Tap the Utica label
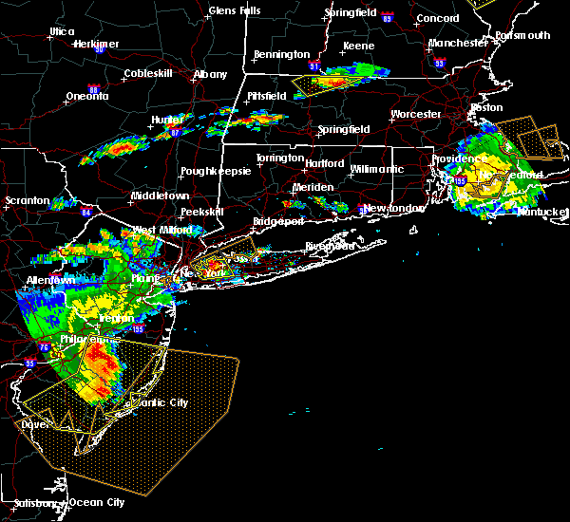(62, 31)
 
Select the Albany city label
(210, 74)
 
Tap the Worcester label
(416, 114)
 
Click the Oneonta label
(89, 97)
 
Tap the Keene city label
(358, 46)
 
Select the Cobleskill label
(146, 75)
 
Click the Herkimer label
(94, 44)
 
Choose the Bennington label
(282, 55)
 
